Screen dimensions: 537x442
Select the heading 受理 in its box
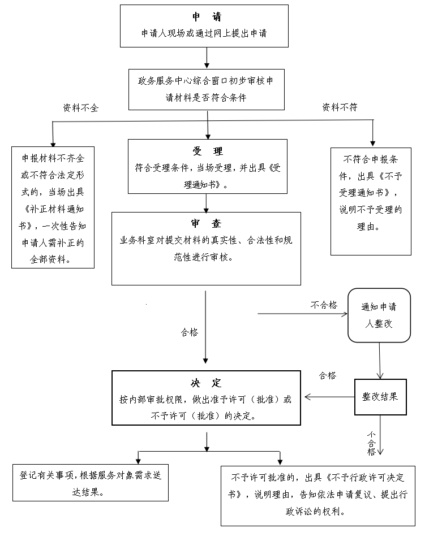pyautogui.click(x=207, y=151)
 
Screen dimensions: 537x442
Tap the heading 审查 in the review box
pyautogui.click(x=206, y=223)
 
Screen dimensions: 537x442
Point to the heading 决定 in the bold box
pyautogui.click(x=205, y=383)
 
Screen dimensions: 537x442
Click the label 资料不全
pyautogui.click(x=80, y=108)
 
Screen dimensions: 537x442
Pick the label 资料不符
pyautogui.click(x=340, y=107)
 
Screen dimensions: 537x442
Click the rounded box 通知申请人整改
pyautogui.click(x=379, y=315)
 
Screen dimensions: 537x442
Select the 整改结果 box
pyautogui.click(x=380, y=396)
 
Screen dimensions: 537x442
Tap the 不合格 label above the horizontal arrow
pyautogui.click(x=324, y=305)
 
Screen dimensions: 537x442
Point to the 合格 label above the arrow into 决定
pyautogui.click(x=328, y=375)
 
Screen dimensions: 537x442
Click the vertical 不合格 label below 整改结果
pyautogui.click(x=371, y=443)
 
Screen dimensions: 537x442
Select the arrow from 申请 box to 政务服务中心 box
pyautogui.click(x=207, y=58)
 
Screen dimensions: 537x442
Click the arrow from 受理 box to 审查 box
pyautogui.click(x=207, y=202)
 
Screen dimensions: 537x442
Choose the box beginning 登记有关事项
pyautogui.click(x=91, y=482)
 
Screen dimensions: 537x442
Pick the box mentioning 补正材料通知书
pyautogui.click(x=53, y=207)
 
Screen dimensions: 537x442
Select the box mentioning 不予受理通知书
pyautogui.click(x=371, y=201)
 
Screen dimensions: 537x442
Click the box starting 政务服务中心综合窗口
pyautogui.click(x=206, y=89)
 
